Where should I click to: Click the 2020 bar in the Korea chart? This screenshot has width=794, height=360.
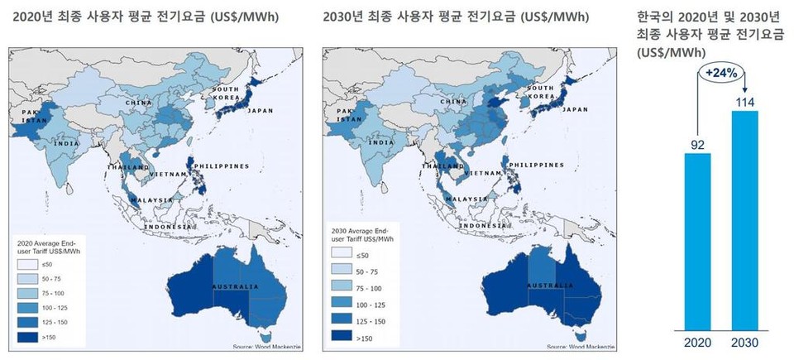(x=696, y=240)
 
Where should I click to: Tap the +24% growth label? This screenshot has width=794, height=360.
(x=720, y=72)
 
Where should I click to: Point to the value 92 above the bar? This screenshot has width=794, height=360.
(x=696, y=144)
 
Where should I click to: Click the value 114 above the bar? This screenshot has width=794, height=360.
(x=744, y=101)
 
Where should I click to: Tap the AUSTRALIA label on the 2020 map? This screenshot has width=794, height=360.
(x=234, y=286)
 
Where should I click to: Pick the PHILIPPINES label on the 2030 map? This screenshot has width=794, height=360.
(x=536, y=165)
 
